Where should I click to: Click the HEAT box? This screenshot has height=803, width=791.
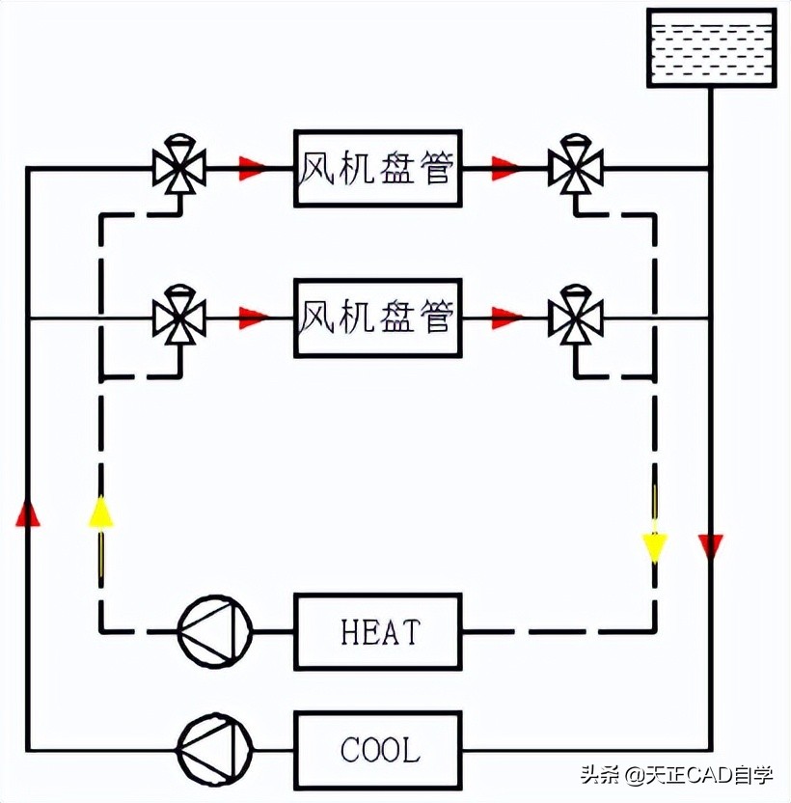(x=377, y=631)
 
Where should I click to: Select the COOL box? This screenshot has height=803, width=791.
(x=377, y=749)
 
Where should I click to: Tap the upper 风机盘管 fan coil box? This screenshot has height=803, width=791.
(x=377, y=169)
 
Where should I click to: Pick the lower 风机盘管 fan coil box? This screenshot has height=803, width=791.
(x=377, y=316)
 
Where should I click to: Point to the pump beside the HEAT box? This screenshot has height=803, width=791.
(x=214, y=632)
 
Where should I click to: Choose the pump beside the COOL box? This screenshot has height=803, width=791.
(x=214, y=750)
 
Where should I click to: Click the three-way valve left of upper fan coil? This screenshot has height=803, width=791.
(x=179, y=168)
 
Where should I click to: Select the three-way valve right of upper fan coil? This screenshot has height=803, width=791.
(x=576, y=168)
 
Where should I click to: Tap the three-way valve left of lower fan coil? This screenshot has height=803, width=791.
(x=179, y=316)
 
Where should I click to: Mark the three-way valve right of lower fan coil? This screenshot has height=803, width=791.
(x=576, y=316)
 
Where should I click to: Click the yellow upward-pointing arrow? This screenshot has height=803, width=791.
(x=100, y=512)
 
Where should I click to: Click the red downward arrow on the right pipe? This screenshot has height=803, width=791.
(x=711, y=547)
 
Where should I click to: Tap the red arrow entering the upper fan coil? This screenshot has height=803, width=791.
(x=253, y=169)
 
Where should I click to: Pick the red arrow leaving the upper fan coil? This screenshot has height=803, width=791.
(x=505, y=169)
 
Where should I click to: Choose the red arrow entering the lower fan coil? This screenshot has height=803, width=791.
(x=253, y=317)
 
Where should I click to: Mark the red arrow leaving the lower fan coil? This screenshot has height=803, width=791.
(x=505, y=317)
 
